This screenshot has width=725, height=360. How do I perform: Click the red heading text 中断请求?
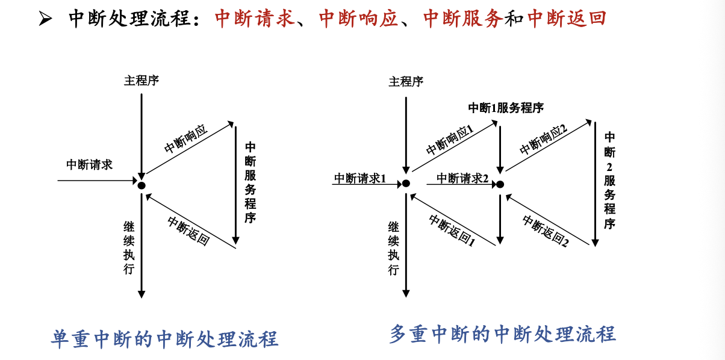click(x=255, y=19)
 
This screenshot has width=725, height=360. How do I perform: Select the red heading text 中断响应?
click(x=359, y=19)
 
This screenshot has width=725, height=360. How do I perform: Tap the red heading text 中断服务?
click(x=463, y=19)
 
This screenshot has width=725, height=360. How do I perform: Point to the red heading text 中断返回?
click(x=567, y=19)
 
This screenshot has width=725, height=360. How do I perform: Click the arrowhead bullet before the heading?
click(x=46, y=20)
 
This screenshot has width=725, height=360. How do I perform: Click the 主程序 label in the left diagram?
click(x=142, y=81)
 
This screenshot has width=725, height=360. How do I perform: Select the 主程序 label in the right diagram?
click(x=406, y=81)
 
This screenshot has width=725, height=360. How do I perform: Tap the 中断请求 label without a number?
click(x=89, y=165)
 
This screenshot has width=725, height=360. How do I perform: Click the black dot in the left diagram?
click(x=142, y=185)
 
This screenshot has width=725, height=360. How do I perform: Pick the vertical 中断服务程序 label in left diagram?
click(x=250, y=182)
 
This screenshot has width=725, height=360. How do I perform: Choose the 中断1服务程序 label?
click(x=506, y=108)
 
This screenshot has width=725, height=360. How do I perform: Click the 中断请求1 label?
click(x=360, y=178)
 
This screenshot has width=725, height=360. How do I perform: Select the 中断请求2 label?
click(x=462, y=178)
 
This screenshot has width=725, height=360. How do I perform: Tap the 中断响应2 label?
click(x=544, y=140)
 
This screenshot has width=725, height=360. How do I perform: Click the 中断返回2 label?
click(x=546, y=232)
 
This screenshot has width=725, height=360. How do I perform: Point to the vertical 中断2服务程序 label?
click(x=609, y=181)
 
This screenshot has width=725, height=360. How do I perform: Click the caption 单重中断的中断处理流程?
click(x=164, y=338)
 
